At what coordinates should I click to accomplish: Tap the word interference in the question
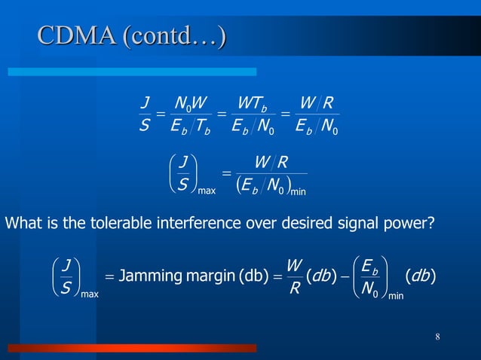pyautogui.click(x=174, y=223)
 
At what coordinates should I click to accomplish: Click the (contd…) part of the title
pyautogui.click(x=176, y=35)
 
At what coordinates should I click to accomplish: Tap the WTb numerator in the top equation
pyautogui.click(x=249, y=99)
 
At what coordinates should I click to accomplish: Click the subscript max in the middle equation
pyautogui.click(x=206, y=191)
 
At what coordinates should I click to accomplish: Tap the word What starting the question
pyautogui.click(x=23, y=223)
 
